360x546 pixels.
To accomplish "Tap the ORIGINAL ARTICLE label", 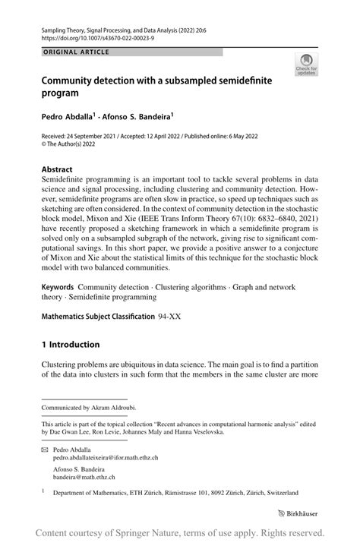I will [76, 52].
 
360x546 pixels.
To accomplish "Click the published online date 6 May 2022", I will [254, 137].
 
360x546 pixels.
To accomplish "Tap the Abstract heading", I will [58, 169].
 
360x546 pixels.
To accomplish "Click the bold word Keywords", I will [58, 289].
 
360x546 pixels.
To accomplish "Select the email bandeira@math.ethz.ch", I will [84, 478].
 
